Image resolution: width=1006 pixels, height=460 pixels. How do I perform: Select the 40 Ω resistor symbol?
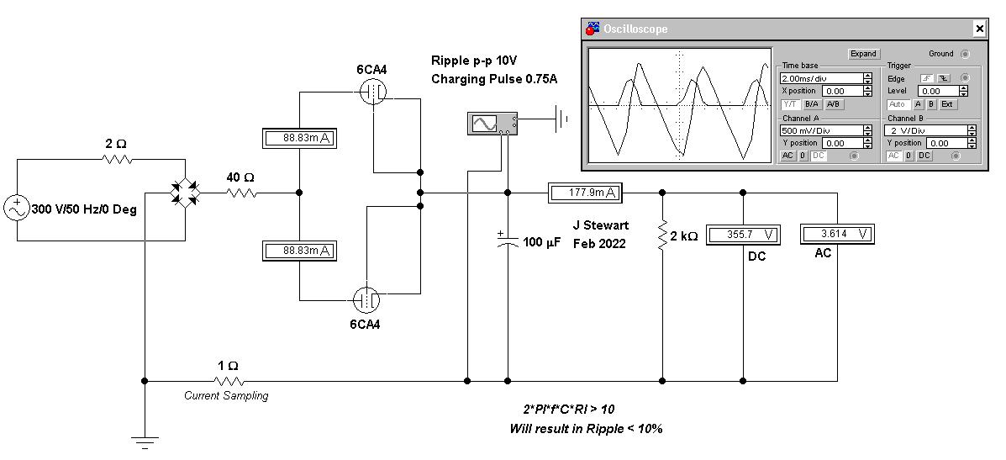[240, 193]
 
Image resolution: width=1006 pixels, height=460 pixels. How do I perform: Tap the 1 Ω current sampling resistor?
[228, 381]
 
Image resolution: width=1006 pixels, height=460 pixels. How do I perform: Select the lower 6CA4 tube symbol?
[366, 299]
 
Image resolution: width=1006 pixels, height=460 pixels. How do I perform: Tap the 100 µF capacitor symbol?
[508, 240]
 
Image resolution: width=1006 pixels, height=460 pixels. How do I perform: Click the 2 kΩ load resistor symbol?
[662, 236]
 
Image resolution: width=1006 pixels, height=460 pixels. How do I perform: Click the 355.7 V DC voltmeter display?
[742, 235]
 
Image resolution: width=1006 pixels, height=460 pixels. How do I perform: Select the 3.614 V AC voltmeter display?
[837, 234]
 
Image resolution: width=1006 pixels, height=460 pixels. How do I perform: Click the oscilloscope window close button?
[979, 29]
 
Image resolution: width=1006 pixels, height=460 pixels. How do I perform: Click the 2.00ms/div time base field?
[821, 78]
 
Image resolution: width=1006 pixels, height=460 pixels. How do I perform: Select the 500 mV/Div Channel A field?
[821, 130]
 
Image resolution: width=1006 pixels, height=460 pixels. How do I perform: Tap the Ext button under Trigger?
[946, 104]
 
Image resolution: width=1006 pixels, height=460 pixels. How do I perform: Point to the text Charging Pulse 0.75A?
[494, 79]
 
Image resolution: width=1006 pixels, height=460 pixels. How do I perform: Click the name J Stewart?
[601, 225]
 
